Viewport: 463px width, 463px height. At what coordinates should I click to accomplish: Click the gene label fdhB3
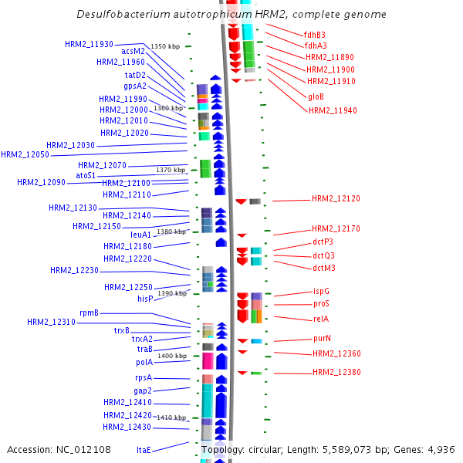[314, 35]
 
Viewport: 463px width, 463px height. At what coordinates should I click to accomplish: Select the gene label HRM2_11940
[333, 110]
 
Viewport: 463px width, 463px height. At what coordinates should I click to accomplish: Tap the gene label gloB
[316, 97]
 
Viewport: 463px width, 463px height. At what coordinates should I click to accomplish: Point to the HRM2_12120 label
[336, 199]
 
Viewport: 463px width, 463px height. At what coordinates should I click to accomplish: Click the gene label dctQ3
[323, 255]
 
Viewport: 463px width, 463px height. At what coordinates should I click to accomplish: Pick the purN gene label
[322, 338]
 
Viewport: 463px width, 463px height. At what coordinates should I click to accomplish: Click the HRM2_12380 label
[336, 373]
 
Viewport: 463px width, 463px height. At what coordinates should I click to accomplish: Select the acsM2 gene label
[133, 51]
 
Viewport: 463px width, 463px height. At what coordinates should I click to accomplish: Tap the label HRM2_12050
[25, 155]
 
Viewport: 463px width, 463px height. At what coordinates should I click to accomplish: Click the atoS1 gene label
[86, 176]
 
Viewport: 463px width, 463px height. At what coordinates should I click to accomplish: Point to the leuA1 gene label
[141, 235]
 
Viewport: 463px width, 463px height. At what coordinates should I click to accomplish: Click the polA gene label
[144, 362]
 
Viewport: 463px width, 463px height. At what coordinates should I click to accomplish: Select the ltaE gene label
[144, 449]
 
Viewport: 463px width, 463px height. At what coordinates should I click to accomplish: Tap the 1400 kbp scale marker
[171, 356]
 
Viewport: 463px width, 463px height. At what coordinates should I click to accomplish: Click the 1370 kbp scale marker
[171, 170]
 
